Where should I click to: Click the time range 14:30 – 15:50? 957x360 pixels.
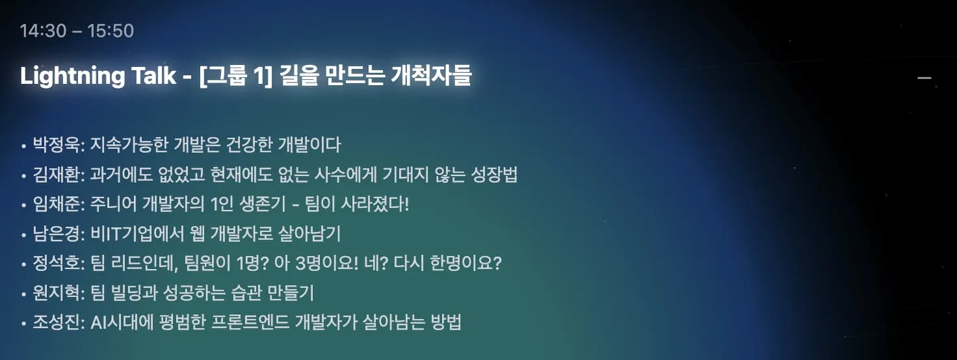(x=77, y=31)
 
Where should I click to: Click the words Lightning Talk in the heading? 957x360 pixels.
(x=98, y=77)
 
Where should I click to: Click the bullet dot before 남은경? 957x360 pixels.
(x=23, y=235)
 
